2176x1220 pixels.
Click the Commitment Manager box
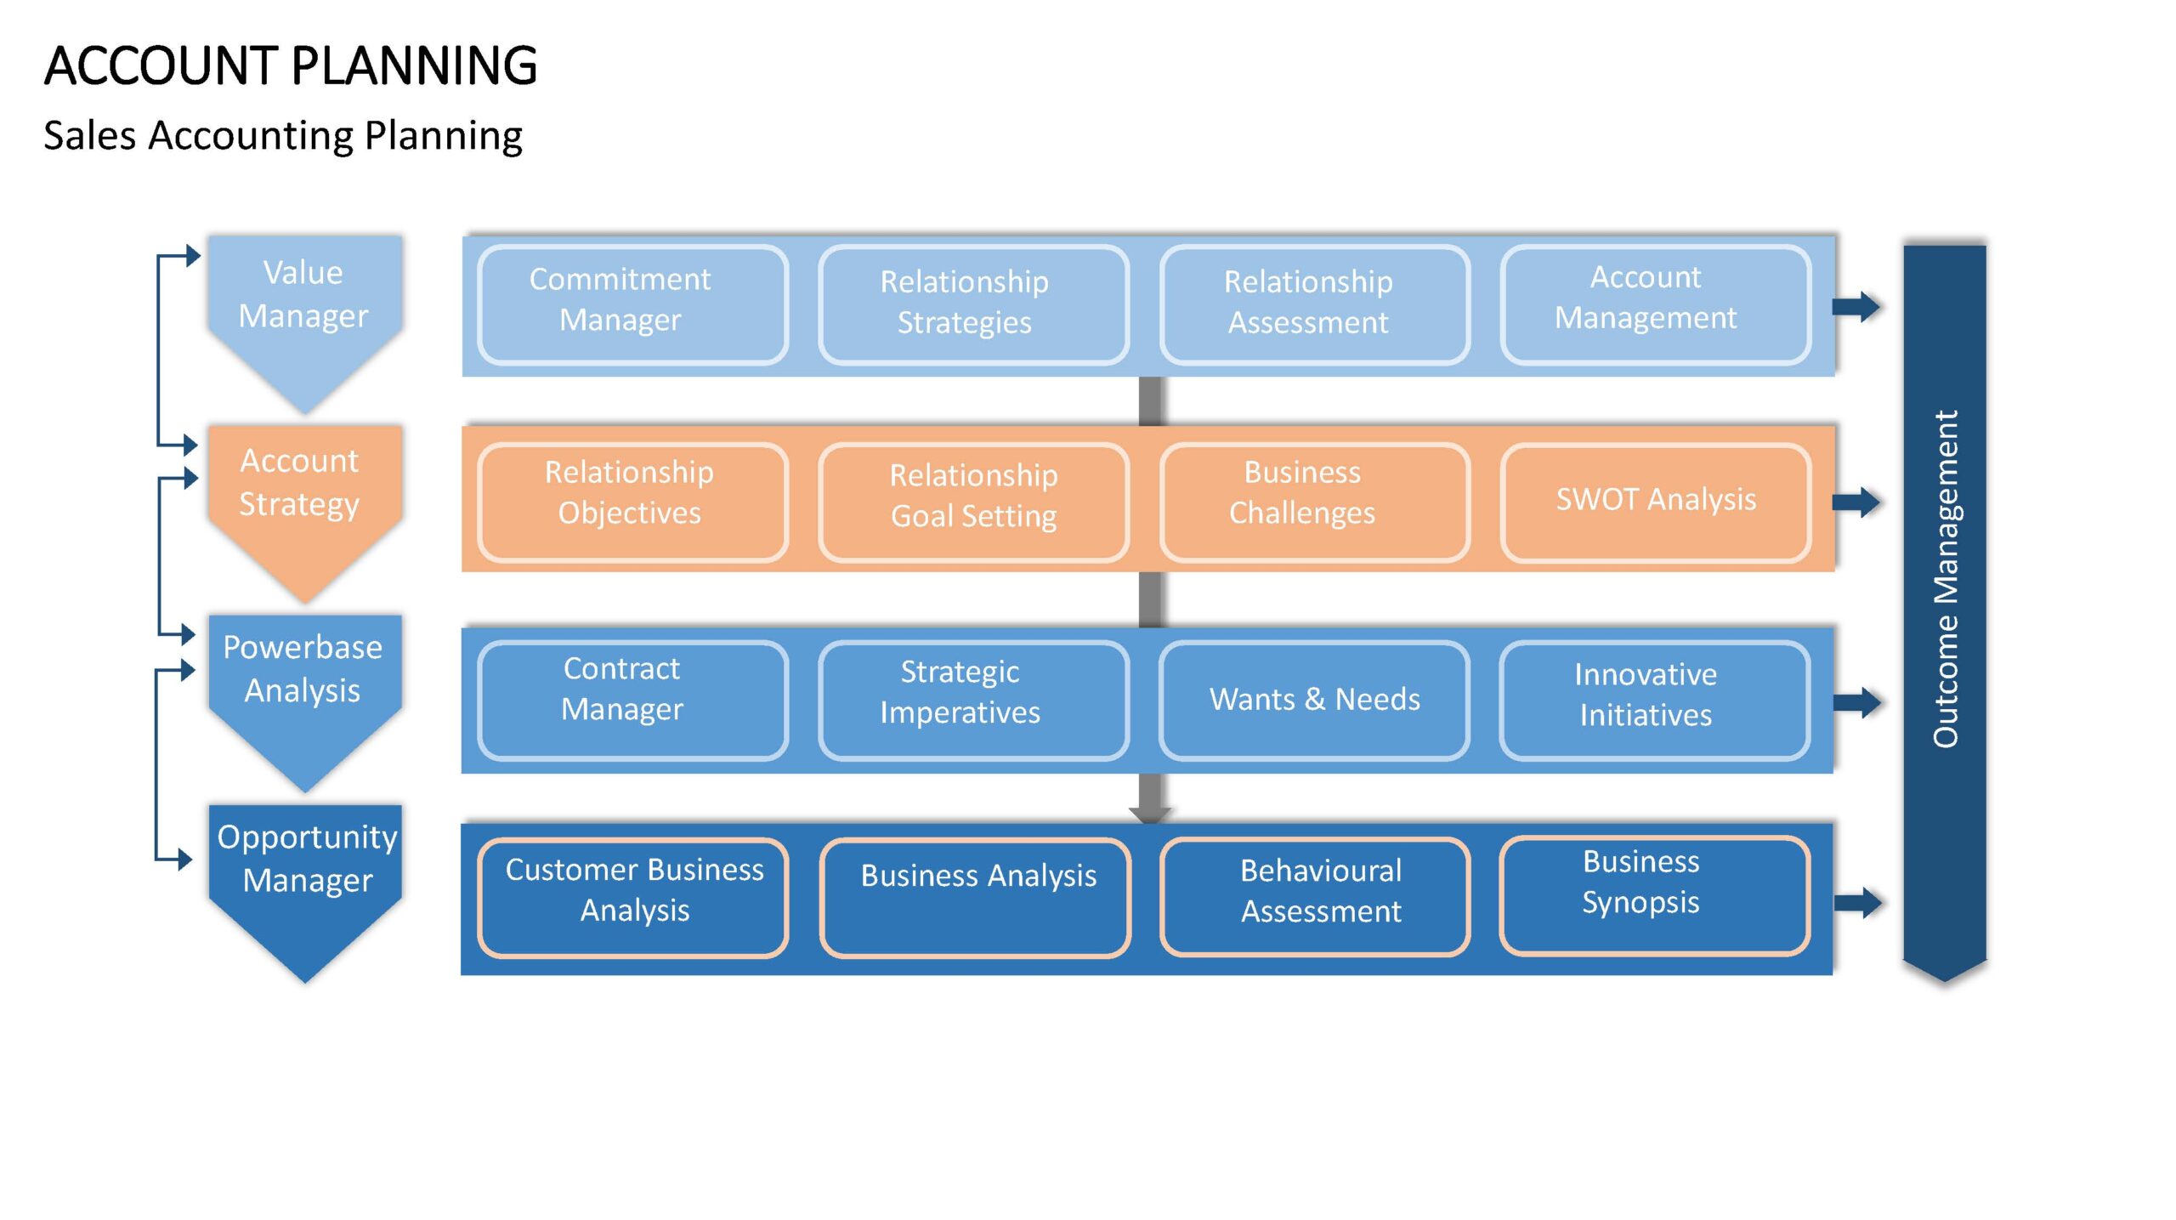[632, 304]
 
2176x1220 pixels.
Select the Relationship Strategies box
[973, 304]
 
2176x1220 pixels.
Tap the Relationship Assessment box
[1314, 304]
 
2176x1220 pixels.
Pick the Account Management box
[1655, 304]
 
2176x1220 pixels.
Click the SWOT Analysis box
[1655, 502]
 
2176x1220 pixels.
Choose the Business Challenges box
[1314, 502]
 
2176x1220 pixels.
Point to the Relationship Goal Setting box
[973, 502]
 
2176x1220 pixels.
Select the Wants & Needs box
[1314, 701]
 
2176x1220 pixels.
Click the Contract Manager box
[632, 701]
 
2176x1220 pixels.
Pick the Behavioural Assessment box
[1314, 897]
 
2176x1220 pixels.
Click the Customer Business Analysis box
[632, 898]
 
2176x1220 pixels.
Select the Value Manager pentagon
[305, 315]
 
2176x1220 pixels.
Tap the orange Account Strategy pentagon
[305, 506]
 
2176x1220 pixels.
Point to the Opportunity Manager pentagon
[305, 884]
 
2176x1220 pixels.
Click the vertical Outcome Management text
[1945, 579]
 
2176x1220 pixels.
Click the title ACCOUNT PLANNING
[291, 65]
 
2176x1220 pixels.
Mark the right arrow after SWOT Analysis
[1856, 502]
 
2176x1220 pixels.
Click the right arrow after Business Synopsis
[1857, 902]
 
